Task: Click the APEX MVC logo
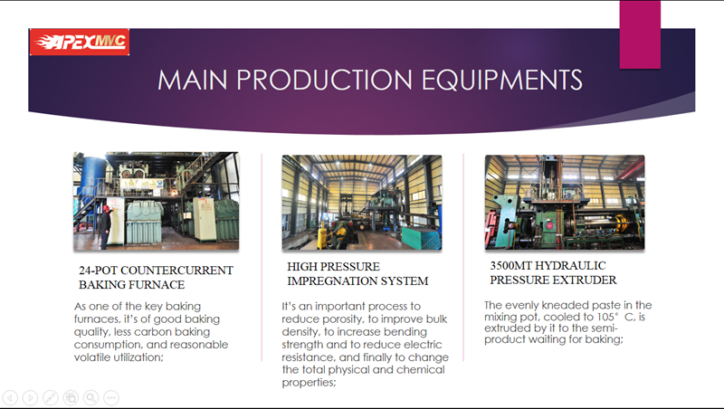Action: pyautogui.click(x=80, y=42)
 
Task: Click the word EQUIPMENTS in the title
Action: pyautogui.click(x=501, y=80)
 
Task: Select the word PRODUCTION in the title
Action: pyautogui.click(x=324, y=80)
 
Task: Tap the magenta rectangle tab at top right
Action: pyautogui.click(x=640, y=34)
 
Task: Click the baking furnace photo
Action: pyautogui.click(x=156, y=201)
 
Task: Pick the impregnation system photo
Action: pyautogui.click(x=362, y=202)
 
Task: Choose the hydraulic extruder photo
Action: pyautogui.click(x=564, y=202)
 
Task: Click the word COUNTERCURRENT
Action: pyautogui.click(x=176, y=270)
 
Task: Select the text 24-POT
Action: pyautogui.click(x=98, y=270)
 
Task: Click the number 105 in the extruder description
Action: pyautogui.click(x=605, y=317)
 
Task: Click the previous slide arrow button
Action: pyautogui.click(x=10, y=397)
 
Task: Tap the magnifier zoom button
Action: pyautogui.click(x=91, y=397)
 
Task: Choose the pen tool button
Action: pyautogui.click(x=51, y=397)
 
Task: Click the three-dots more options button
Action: pyautogui.click(x=111, y=397)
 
